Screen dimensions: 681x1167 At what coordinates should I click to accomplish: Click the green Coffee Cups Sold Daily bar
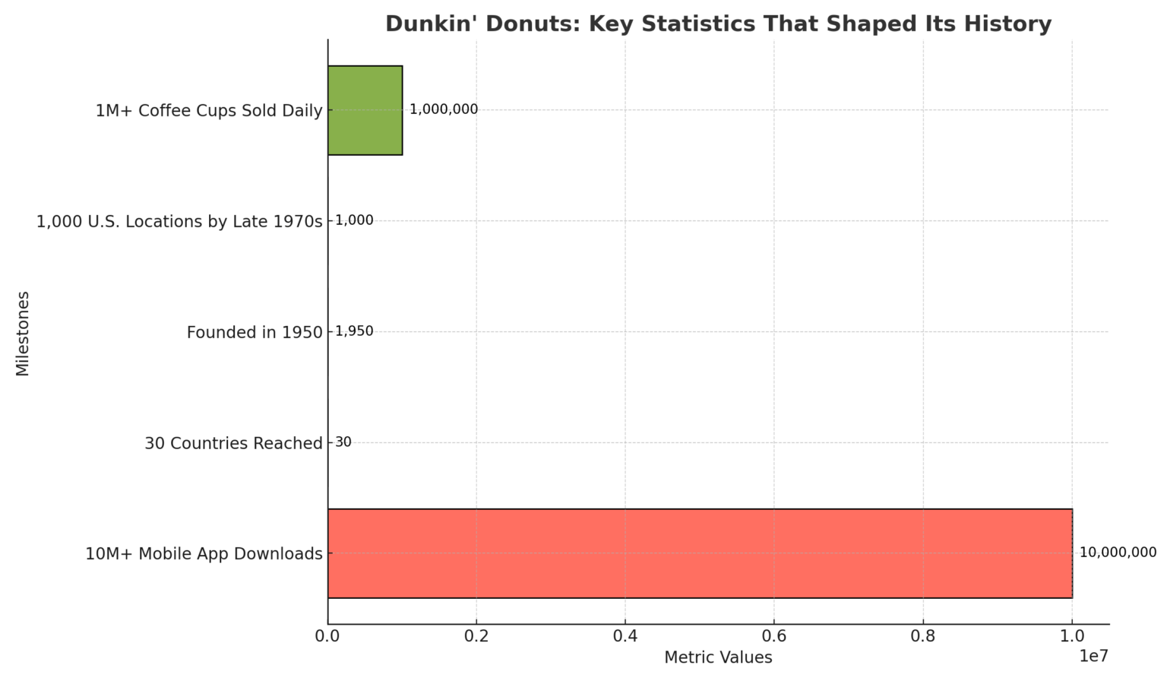[365, 110]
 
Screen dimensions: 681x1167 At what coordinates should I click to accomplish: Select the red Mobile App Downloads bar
[699, 553]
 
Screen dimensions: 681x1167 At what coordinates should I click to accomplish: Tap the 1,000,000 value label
[444, 109]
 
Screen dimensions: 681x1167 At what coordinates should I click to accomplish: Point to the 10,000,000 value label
[1118, 553]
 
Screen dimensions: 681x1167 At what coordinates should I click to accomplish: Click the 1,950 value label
[354, 331]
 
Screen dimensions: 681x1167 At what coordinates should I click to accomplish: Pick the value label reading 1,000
[354, 220]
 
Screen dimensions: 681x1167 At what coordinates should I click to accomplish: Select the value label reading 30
[343, 442]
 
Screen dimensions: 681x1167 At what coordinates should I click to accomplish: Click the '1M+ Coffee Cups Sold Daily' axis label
[209, 111]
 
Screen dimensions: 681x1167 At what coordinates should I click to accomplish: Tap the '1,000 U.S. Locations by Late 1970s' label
[179, 222]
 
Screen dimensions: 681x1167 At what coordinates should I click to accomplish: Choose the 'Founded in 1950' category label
[255, 333]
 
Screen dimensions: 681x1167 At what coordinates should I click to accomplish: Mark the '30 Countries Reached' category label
[233, 444]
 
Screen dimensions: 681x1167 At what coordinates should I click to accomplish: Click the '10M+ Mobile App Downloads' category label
[204, 554]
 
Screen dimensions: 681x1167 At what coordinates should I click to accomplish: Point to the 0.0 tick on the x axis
[327, 635]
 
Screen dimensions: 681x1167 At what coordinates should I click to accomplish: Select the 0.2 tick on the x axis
[476, 635]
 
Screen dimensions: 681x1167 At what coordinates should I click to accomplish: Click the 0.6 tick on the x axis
[774, 635]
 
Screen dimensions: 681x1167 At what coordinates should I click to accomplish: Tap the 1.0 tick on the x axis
[1072, 635]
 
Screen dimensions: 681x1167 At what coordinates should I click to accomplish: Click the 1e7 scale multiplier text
[1094, 655]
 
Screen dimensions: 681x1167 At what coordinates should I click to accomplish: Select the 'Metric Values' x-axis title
[718, 657]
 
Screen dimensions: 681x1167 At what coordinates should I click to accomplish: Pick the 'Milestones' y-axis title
[23, 333]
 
